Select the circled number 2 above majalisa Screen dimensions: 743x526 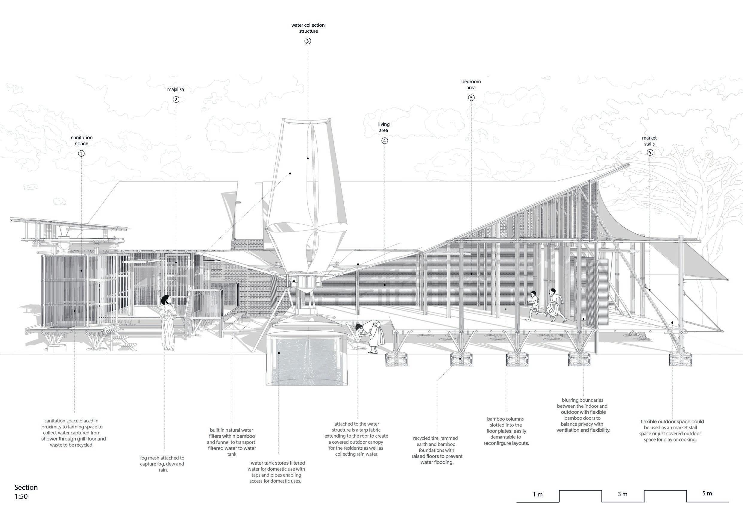click(x=176, y=99)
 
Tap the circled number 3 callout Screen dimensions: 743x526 click(x=307, y=41)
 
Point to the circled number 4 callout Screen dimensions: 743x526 click(x=384, y=140)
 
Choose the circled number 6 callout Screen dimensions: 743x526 click(x=650, y=152)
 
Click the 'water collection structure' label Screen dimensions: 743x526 click(x=308, y=28)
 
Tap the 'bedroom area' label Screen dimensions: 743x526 click(x=471, y=84)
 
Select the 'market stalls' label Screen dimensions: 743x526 click(x=649, y=141)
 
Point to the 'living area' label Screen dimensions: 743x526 click(x=384, y=127)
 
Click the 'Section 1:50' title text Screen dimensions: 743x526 click(x=26, y=492)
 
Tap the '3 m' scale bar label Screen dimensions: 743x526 click(x=622, y=494)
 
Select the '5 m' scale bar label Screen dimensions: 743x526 click(x=707, y=493)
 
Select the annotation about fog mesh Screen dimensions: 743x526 click(x=162, y=464)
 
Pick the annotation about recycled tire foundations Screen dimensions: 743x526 click(x=437, y=450)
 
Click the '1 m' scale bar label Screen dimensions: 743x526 click(x=538, y=495)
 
